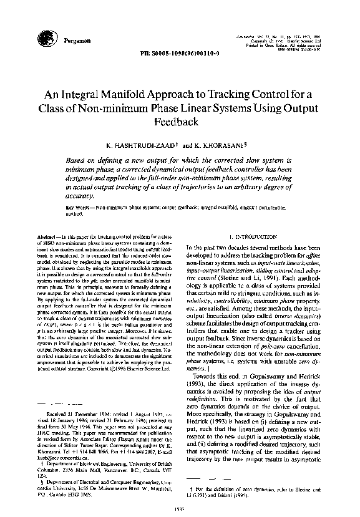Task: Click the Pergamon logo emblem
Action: pyautogui.click(x=54, y=38)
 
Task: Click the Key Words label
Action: pyautogui.click(x=77, y=206)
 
